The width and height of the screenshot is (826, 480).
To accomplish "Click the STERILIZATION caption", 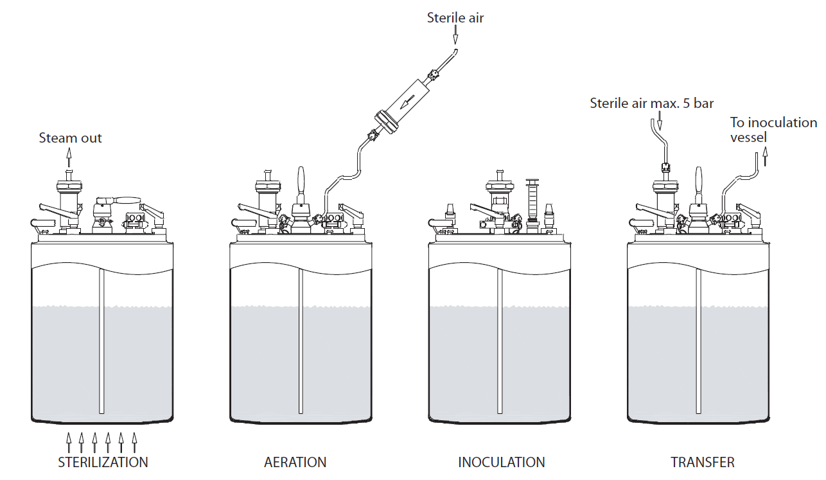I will click(x=103, y=462).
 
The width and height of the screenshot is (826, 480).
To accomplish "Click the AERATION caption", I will click(x=295, y=462).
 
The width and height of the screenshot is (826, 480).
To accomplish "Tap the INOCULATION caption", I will click(x=501, y=462).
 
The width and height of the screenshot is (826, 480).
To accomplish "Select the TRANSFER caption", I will click(x=702, y=462).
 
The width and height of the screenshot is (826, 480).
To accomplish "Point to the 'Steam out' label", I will click(x=70, y=138).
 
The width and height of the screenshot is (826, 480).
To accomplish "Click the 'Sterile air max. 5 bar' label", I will click(x=652, y=103).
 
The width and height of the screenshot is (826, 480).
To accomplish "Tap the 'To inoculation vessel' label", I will click(x=773, y=129).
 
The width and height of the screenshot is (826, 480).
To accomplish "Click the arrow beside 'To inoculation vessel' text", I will click(x=766, y=157).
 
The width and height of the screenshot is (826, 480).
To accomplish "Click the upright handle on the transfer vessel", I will click(x=699, y=184).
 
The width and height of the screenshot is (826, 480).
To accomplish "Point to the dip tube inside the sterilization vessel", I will click(x=101, y=341).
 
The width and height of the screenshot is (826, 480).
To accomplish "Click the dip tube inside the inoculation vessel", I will click(x=499, y=341).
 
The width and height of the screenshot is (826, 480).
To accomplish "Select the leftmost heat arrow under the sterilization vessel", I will click(x=68, y=442).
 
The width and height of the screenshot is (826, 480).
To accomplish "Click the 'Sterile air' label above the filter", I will click(x=455, y=18).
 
